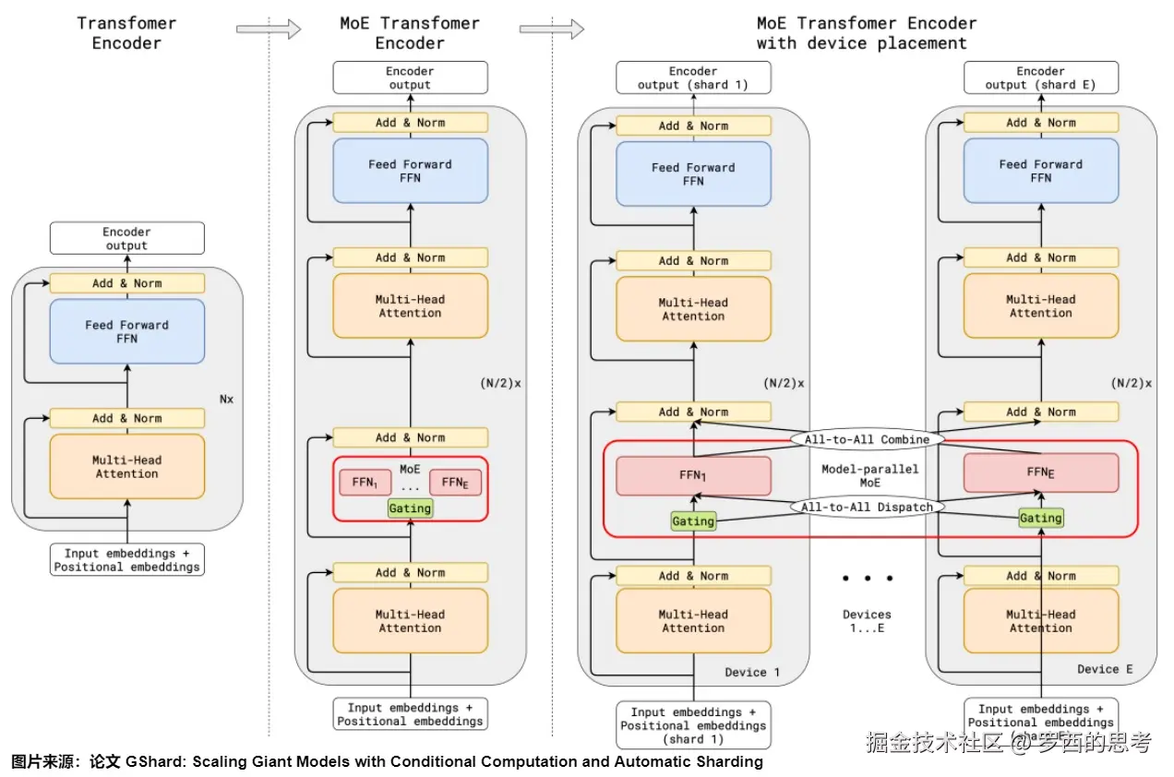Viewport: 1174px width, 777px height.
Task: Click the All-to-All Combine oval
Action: pos(867,439)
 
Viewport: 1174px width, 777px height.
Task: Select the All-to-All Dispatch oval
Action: pos(867,507)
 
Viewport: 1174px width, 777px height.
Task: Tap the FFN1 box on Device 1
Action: pos(693,475)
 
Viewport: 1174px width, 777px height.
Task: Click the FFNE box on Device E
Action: pos(1040,472)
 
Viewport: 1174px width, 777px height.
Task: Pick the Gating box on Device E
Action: pos(1040,519)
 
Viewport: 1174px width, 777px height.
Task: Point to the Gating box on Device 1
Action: pos(693,521)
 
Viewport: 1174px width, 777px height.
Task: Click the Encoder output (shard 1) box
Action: pos(693,78)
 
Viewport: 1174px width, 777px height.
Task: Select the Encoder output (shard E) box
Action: pos(1040,78)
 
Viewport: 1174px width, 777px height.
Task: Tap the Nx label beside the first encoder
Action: pos(227,400)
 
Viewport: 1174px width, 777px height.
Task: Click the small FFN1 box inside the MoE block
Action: pos(359,482)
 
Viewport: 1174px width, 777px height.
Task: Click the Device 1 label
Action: pos(752,672)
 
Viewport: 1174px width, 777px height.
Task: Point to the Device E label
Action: pos(1105,669)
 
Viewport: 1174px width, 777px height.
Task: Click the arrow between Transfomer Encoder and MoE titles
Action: pos(269,30)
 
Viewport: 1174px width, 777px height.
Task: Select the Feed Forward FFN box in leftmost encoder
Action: pos(127,331)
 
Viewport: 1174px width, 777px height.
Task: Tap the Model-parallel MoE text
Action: pos(869,475)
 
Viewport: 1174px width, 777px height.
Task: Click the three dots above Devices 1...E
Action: pos(867,579)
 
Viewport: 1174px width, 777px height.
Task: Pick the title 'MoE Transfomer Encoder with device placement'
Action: pos(866,33)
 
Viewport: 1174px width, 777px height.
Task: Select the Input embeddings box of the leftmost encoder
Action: pos(127,560)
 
